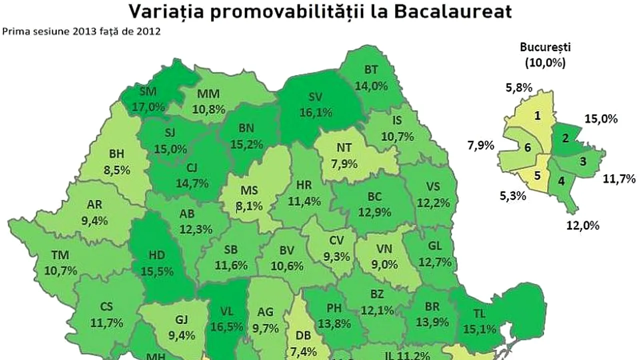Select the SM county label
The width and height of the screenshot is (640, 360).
pyautogui.click(x=147, y=92)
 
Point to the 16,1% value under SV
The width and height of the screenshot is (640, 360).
pyautogui.click(x=316, y=112)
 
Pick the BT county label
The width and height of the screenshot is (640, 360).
pyautogui.click(x=370, y=70)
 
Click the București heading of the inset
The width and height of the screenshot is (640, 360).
pyautogui.click(x=545, y=48)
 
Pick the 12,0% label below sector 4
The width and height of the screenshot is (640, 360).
pyautogui.click(x=582, y=225)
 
